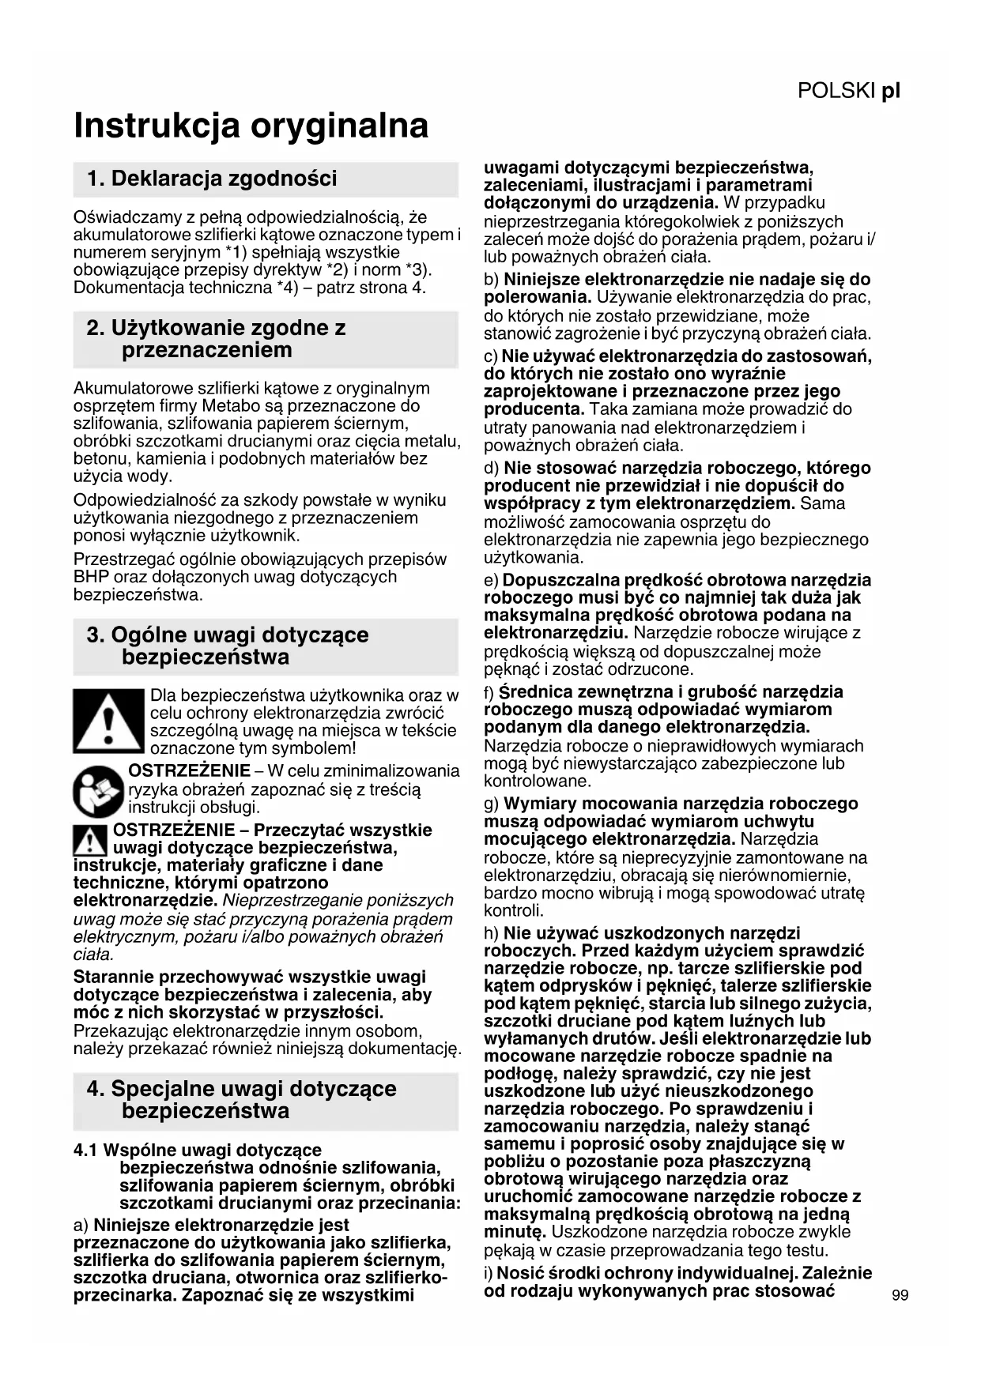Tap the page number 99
pyautogui.click(x=900, y=1295)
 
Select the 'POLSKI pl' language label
pyautogui.click(x=848, y=91)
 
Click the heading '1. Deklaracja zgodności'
pyautogui.click(x=212, y=179)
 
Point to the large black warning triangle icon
pyautogui.click(x=110, y=721)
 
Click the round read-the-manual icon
pyautogui.click(x=99, y=791)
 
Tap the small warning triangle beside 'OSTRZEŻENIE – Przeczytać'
pyautogui.click(x=90, y=840)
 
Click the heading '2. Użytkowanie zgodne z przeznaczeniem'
pyautogui.click(x=216, y=339)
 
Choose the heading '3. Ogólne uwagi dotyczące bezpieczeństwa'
pyautogui.click(x=228, y=646)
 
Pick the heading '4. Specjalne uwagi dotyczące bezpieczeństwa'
pyautogui.click(x=241, y=1099)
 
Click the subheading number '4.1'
pyautogui.click(x=86, y=1150)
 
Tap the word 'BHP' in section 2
pyautogui.click(x=91, y=577)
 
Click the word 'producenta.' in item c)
pyautogui.click(x=534, y=409)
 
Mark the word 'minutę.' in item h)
pyautogui.click(x=515, y=1232)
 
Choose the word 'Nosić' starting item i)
pyautogui.click(x=519, y=1273)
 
